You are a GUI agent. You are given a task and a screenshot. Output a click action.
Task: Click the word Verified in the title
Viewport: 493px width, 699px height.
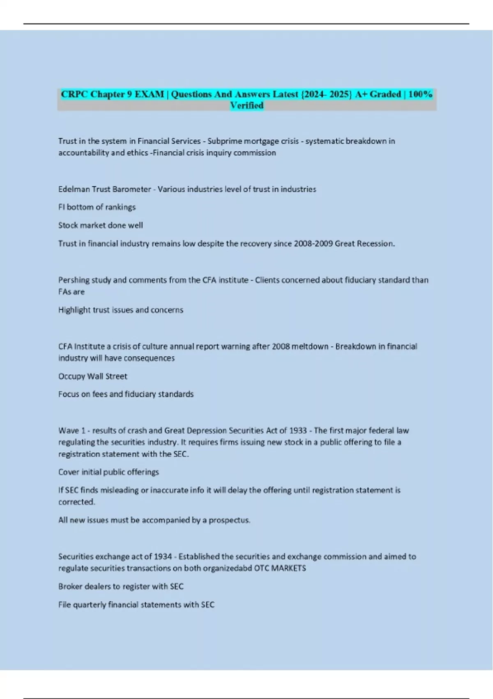click(246, 106)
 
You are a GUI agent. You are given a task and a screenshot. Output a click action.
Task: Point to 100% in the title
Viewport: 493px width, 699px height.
click(420, 94)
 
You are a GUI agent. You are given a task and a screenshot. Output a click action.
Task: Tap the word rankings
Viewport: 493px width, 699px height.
click(120, 207)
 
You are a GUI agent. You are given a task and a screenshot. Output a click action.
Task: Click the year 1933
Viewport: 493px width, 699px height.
click(298, 431)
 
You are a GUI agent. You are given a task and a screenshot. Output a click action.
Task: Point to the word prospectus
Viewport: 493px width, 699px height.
click(229, 520)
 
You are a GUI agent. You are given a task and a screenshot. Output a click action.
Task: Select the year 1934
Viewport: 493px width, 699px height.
click(163, 557)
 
